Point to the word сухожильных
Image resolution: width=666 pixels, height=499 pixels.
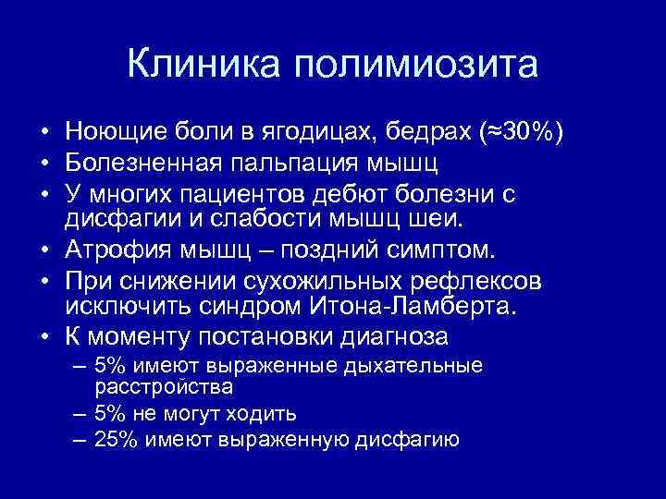320,281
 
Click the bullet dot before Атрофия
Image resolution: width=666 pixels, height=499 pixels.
45,251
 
